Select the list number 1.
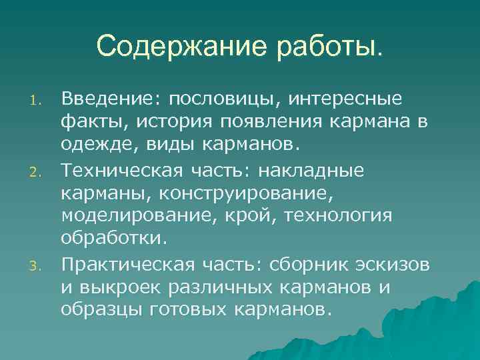[x=38, y=102]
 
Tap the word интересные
[x=346, y=100]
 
